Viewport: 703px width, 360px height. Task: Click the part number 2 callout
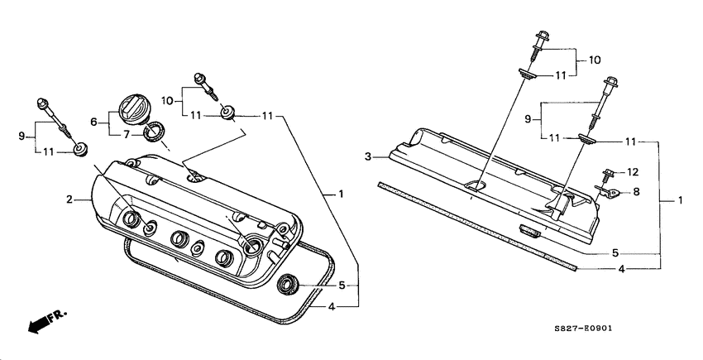[71, 199]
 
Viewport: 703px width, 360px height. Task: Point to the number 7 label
[126, 134]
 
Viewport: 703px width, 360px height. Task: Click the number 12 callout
[633, 172]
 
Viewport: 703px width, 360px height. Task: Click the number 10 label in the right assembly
[594, 60]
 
